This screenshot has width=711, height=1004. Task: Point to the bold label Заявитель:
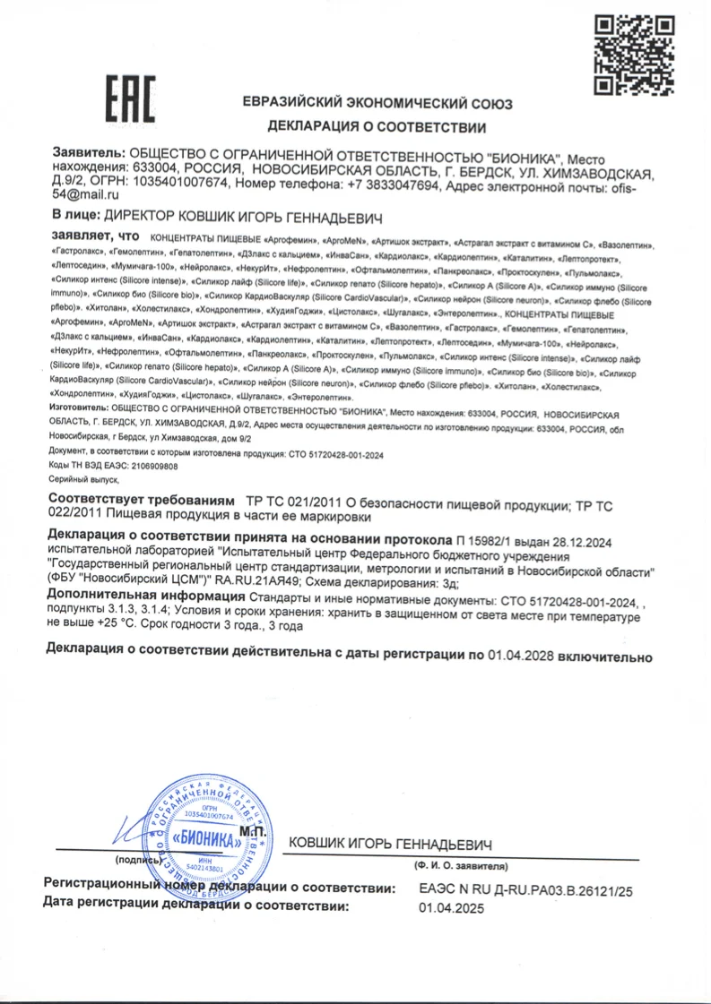tap(89, 154)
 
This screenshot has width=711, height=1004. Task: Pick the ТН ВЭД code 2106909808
tap(146, 467)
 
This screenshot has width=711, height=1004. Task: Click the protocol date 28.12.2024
tap(584, 540)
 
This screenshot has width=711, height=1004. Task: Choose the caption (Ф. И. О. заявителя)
tap(460, 867)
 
